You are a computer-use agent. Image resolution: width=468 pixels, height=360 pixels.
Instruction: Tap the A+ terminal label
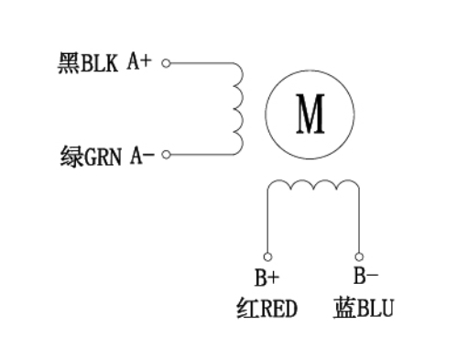point(140,63)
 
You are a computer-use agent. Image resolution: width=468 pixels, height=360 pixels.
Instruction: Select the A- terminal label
point(142,155)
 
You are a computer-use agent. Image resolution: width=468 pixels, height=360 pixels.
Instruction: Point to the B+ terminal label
point(267,277)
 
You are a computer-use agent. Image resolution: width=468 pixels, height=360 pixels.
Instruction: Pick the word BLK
point(101,64)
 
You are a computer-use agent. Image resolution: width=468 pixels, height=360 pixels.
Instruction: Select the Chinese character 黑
point(68,64)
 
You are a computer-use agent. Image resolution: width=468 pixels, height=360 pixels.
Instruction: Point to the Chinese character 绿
point(68,155)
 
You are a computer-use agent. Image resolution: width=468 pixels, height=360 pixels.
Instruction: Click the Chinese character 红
point(245,309)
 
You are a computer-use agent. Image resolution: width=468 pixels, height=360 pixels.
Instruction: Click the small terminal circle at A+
point(165,64)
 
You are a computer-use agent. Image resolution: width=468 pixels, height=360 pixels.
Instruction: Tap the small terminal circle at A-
point(165,155)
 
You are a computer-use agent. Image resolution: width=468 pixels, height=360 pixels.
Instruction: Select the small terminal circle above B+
point(267,256)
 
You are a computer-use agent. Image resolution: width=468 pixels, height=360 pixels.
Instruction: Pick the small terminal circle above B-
point(358,256)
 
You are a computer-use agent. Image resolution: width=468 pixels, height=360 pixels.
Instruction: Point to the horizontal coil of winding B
point(312,187)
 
